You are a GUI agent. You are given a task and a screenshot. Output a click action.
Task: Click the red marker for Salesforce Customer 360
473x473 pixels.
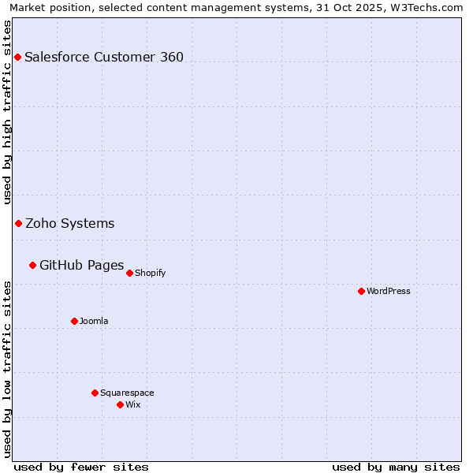(17, 57)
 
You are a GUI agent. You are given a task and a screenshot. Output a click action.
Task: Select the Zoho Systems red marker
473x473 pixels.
(18, 223)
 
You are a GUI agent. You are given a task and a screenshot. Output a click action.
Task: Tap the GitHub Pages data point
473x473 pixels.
(32, 265)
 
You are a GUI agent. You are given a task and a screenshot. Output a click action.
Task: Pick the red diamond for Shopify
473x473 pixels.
(129, 273)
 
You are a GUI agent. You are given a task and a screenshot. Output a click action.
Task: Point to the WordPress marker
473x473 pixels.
(361, 291)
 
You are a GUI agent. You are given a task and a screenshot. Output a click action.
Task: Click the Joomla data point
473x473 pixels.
(74, 321)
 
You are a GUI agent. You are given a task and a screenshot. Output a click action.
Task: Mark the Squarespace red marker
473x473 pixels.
(95, 393)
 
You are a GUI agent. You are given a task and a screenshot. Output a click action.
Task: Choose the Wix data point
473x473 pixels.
(120, 404)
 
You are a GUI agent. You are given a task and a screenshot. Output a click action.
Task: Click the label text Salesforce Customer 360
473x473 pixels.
(104, 57)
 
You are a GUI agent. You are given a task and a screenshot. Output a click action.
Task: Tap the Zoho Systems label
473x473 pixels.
(70, 223)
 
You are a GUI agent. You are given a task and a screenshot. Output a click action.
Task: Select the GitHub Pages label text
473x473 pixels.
(82, 265)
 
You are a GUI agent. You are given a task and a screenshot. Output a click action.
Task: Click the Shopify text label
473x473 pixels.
(151, 273)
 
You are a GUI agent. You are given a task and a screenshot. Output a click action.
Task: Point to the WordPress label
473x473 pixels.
(389, 291)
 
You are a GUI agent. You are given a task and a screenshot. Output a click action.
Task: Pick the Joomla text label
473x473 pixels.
(94, 321)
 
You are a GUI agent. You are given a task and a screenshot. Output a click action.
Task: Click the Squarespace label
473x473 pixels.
(127, 393)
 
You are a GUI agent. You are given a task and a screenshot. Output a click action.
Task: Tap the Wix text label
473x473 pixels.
(133, 404)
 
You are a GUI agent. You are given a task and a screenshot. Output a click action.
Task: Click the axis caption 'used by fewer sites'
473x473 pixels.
(81, 467)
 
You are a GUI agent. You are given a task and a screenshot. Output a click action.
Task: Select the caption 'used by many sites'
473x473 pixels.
(396, 467)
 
